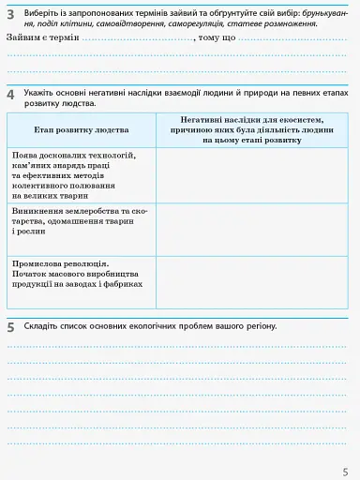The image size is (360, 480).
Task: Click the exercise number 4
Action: pyautogui.click(x=10, y=96)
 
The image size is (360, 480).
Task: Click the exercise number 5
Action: pyautogui.click(x=10, y=327)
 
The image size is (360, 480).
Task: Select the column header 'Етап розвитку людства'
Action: pyautogui.click(x=82, y=129)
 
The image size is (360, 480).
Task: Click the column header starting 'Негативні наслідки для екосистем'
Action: pyautogui.click(x=251, y=129)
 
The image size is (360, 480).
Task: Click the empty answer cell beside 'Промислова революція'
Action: pyautogui.click(x=251, y=280)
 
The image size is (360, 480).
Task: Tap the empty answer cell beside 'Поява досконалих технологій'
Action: pyautogui.click(x=251, y=175)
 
